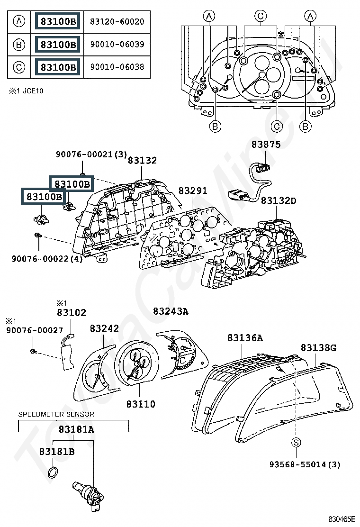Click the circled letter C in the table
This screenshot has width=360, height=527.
click(18, 67)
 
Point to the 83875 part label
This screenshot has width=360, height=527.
click(266, 145)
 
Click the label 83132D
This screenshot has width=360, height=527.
click(279, 201)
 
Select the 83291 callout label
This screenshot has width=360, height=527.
click(193, 191)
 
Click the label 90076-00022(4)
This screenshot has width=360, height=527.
click(47, 259)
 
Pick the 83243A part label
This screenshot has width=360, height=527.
click(171, 311)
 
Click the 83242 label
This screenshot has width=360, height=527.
click(104, 328)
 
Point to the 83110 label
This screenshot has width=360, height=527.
click(141, 404)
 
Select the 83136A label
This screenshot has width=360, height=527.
click(245, 338)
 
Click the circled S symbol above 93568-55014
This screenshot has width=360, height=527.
click(296, 443)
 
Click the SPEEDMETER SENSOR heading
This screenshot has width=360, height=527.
click(56, 414)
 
